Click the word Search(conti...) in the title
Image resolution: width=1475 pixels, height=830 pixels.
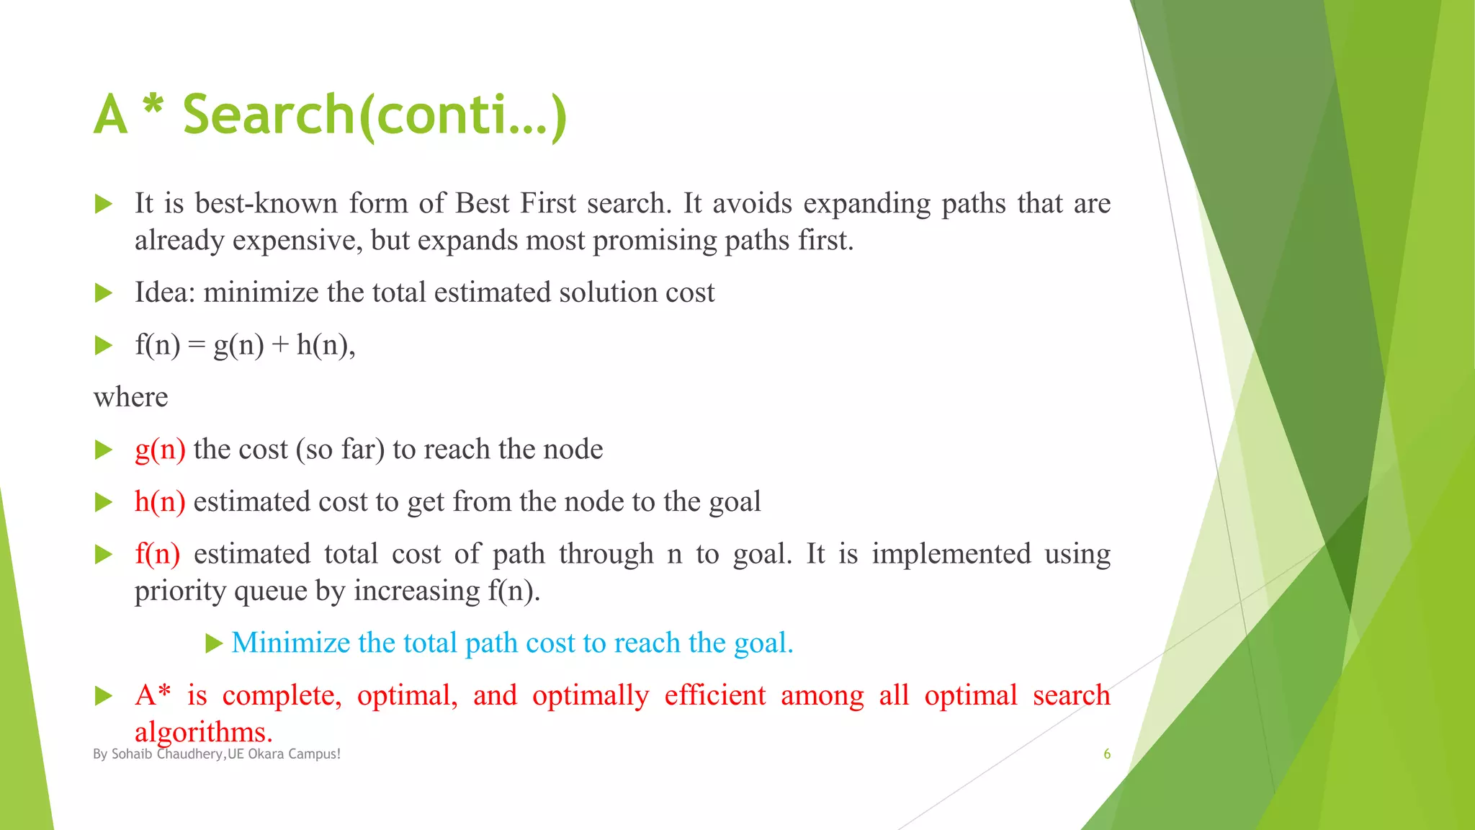(375, 115)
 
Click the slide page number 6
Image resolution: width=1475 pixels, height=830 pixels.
(1107, 754)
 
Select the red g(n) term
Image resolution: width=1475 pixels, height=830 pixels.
(160, 450)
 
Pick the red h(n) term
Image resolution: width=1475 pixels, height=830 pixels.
(160, 501)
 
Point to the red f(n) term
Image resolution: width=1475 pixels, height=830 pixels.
(157, 554)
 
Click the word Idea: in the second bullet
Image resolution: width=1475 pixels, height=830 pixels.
(165, 293)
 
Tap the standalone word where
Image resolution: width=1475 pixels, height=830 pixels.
(130, 397)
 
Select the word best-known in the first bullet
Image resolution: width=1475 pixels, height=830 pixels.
(266, 204)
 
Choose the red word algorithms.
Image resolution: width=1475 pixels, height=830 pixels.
(204, 732)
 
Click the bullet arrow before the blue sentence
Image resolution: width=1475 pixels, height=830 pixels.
(214, 643)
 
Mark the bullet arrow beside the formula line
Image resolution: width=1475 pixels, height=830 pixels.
(104, 346)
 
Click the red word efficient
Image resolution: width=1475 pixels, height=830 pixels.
(714, 695)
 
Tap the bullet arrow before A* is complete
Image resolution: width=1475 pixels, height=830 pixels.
(104, 696)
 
